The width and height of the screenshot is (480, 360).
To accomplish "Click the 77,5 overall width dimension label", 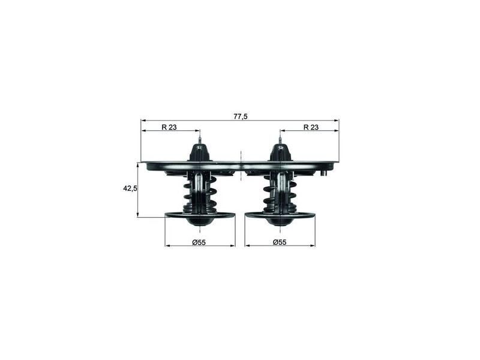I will [x=240, y=116].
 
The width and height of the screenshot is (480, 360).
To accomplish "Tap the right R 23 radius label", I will [x=310, y=127].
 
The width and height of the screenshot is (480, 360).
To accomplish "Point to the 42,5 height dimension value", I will [x=130, y=188].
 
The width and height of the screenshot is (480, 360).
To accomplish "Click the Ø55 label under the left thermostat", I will [x=199, y=242].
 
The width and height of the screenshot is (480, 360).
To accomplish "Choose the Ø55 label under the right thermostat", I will [x=280, y=242].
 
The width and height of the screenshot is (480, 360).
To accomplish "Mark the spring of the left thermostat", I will [x=199, y=195].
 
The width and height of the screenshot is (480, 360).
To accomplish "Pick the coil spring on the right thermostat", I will [x=280, y=195].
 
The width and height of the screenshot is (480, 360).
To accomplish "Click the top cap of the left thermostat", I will [x=200, y=152].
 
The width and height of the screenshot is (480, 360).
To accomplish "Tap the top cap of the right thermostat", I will [x=280, y=152].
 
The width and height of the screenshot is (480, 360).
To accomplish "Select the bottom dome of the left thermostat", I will [x=200, y=221].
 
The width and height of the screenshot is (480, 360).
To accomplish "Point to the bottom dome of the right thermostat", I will [x=280, y=221].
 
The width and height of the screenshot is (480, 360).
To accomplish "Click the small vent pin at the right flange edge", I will [x=323, y=173].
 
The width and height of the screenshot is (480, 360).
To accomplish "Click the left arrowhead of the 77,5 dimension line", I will [x=143, y=120].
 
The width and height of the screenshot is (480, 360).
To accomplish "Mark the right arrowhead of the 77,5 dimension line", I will [x=337, y=120].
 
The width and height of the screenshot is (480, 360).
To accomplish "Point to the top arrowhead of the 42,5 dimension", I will [x=138, y=164].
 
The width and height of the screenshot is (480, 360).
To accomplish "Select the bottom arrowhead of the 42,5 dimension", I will [x=138, y=215].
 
